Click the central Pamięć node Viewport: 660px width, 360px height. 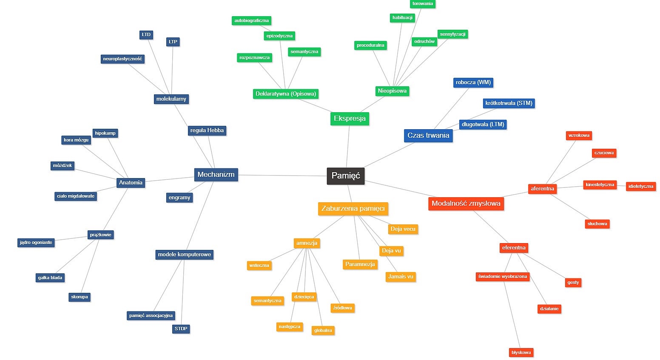(345, 176)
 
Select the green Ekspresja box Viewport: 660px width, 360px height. (350, 119)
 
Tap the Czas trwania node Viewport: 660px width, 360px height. (428, 136)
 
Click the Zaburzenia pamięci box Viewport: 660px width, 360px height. (353, 209)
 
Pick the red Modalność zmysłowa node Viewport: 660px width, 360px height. (466, 204)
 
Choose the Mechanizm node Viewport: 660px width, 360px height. (216, 175)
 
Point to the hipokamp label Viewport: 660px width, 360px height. (105, 133)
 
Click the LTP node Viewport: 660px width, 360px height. (173, 42)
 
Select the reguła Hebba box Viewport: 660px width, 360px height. (207, 130)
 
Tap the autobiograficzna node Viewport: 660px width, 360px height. (251, 21)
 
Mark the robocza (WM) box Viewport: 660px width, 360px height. (473, 82)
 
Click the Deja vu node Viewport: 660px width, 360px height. (391, 251)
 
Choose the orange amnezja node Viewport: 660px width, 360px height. (307, 243)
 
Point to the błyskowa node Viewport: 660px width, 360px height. (521, 352)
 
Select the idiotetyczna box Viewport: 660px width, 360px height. (640, 187)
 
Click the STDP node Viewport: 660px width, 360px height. (181, 329)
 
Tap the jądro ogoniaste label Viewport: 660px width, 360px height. (36, 243)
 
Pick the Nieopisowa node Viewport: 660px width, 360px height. (392, 91)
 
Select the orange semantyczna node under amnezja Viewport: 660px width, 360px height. (267, 301)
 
